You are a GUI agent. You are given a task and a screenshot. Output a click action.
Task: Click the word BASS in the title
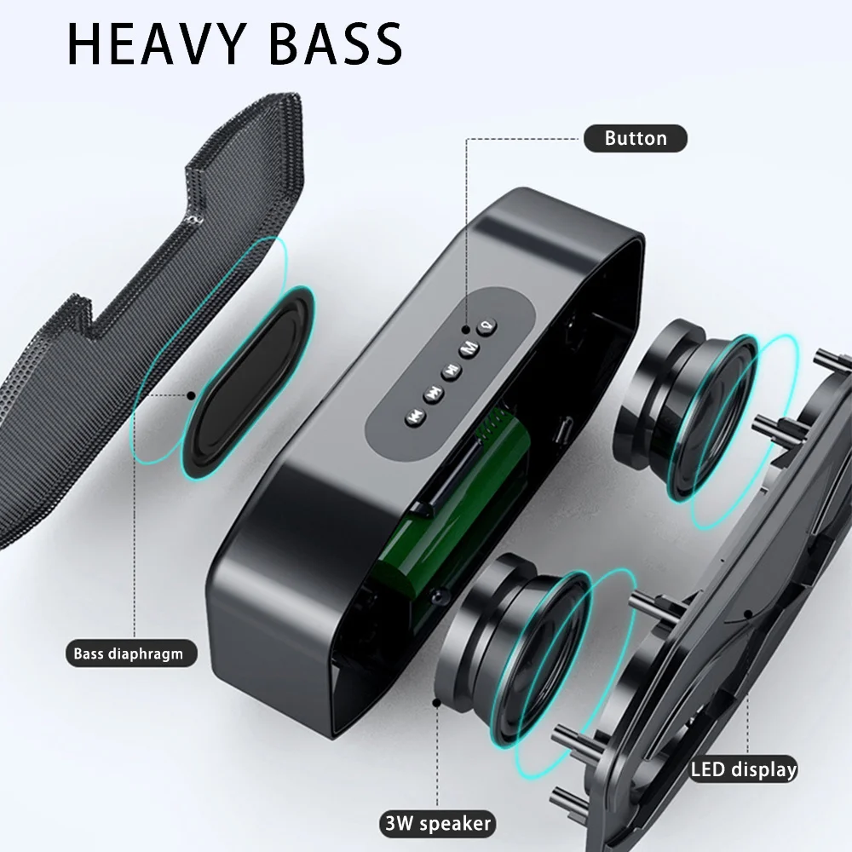[x=336, y=44]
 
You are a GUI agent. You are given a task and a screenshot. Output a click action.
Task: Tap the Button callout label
[x=636, y=139]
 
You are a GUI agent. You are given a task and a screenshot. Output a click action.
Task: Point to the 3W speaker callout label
[x=438, y=823]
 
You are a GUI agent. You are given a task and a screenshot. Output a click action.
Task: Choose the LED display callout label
[x=743, y=769]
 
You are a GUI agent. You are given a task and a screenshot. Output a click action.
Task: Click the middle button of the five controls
[x=451, y=371]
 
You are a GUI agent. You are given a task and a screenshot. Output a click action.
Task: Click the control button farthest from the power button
[x=415, y=417]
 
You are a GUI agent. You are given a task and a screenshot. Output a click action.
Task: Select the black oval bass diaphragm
[x=248, y=383]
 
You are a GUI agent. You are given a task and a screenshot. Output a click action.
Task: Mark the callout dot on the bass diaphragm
[x=191, y=395]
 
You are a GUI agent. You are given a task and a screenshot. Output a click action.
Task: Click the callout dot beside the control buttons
[x=466, y=329]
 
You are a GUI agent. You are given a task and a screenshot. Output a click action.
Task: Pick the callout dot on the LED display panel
[x=748, y=614]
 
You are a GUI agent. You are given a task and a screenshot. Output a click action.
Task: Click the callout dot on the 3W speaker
[x=436, y=703]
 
